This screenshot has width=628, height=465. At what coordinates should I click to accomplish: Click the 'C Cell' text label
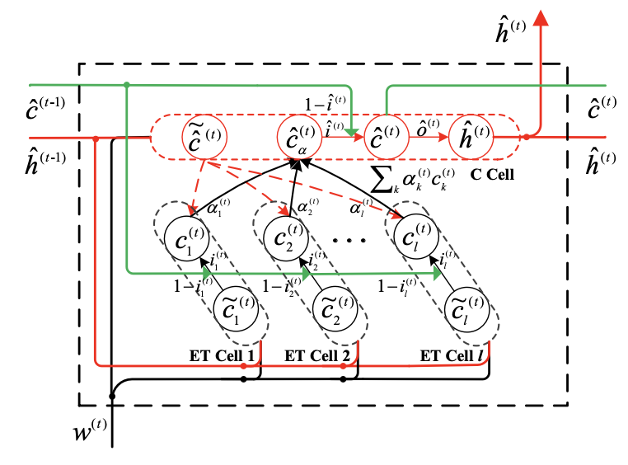[490, 175]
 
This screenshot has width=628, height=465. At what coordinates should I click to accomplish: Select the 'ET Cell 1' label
[223, 356]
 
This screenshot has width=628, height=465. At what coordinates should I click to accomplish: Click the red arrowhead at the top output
[541, 18]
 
